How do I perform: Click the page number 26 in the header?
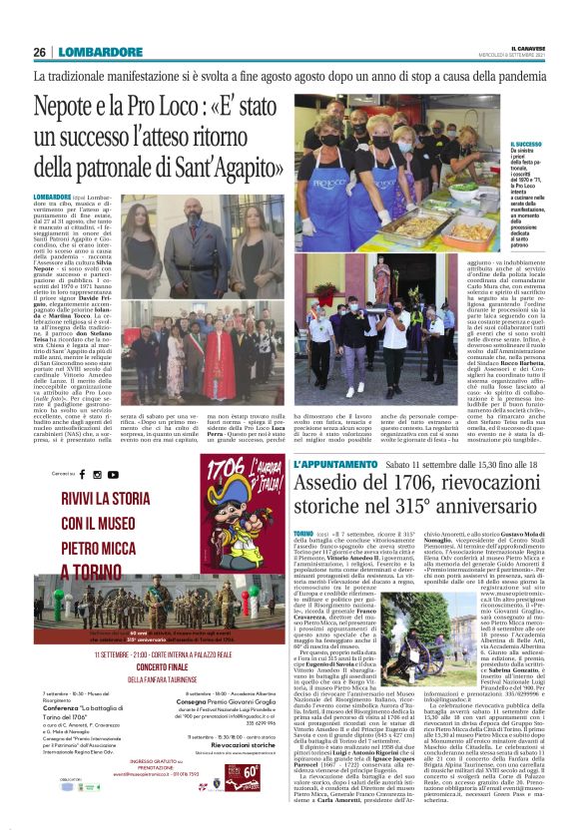click(39, 53)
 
